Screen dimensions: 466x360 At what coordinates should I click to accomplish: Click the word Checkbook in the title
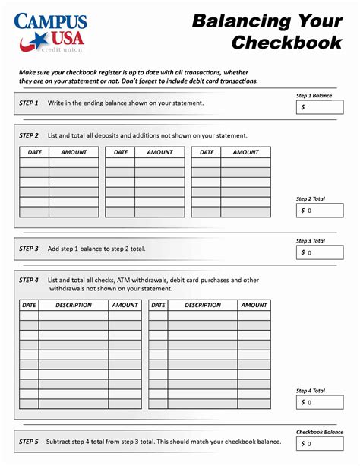point(286,43)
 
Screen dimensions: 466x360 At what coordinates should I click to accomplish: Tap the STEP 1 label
point(29,102)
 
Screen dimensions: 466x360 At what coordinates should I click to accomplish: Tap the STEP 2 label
point(29,135)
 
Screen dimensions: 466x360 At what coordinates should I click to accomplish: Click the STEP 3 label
point(29,249)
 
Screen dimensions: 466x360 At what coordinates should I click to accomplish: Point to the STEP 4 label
point(29,281)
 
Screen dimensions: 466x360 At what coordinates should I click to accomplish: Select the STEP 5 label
point(29,442)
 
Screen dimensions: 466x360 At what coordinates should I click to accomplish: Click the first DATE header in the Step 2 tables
point(35,152)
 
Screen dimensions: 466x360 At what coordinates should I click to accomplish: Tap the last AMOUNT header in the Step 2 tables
point(245,152)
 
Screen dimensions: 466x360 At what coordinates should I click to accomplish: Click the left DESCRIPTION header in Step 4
point(74,305)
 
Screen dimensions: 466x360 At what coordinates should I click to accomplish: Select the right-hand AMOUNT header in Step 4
point(254,305)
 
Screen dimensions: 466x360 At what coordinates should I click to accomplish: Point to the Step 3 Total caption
point(311,240)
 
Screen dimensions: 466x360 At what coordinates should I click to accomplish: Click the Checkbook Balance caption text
point(319,431)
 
